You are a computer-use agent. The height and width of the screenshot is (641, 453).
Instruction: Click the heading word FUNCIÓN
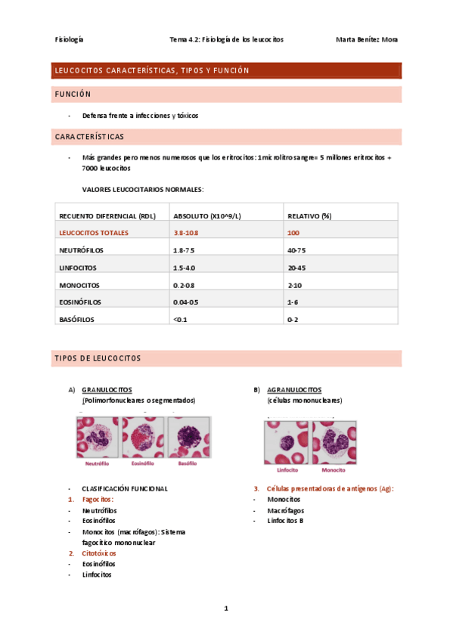(x=73, y=94)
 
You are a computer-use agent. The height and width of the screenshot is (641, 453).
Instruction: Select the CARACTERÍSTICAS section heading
(x=90, y=137)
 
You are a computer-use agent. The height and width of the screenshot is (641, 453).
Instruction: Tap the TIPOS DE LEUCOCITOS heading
(x=98, y=358)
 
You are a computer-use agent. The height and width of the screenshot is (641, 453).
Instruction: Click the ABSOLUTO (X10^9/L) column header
(x=207, y=215)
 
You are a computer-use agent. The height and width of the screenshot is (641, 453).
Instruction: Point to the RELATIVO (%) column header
(x=309, y=215)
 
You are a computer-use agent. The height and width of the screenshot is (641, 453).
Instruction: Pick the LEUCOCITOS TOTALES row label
(x=94, y=233)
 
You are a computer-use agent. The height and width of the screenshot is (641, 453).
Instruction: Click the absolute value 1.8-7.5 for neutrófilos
(x=185, y=250)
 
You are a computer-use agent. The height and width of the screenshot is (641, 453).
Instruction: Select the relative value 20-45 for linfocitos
(x=297, y=268)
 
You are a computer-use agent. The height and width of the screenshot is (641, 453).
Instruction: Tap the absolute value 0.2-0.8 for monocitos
(x=185, y=285)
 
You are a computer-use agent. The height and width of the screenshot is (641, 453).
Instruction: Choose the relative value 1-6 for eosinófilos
(x=293, y=302)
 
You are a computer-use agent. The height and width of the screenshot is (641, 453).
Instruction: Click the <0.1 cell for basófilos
(x=180, y=320)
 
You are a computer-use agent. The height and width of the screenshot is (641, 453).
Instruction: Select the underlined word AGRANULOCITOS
(x=294, y=390)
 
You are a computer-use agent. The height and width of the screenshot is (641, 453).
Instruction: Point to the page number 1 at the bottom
(x=226, y=608)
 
